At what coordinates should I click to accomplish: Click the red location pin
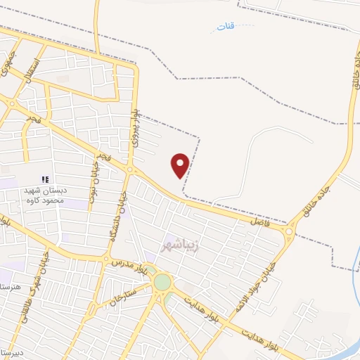(181, 165)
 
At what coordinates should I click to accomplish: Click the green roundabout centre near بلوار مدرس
(162, 282)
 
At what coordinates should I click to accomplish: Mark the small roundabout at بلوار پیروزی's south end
(131, 169)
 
